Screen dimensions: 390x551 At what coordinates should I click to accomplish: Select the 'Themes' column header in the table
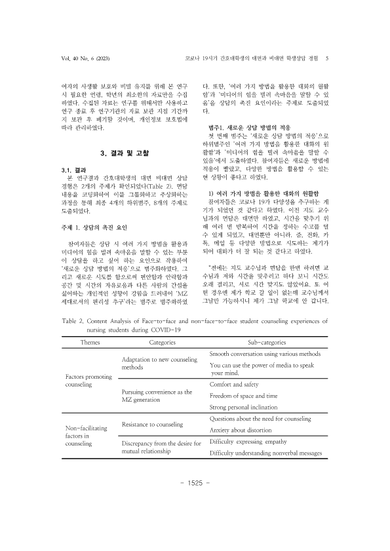[x=90, y=341]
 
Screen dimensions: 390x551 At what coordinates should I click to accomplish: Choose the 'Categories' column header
[x=163, y=341]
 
